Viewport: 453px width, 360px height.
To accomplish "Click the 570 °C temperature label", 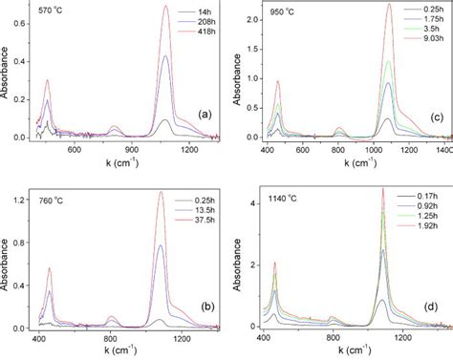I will (52, 12).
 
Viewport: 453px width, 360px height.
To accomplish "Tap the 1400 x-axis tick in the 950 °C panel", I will (442, 151).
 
